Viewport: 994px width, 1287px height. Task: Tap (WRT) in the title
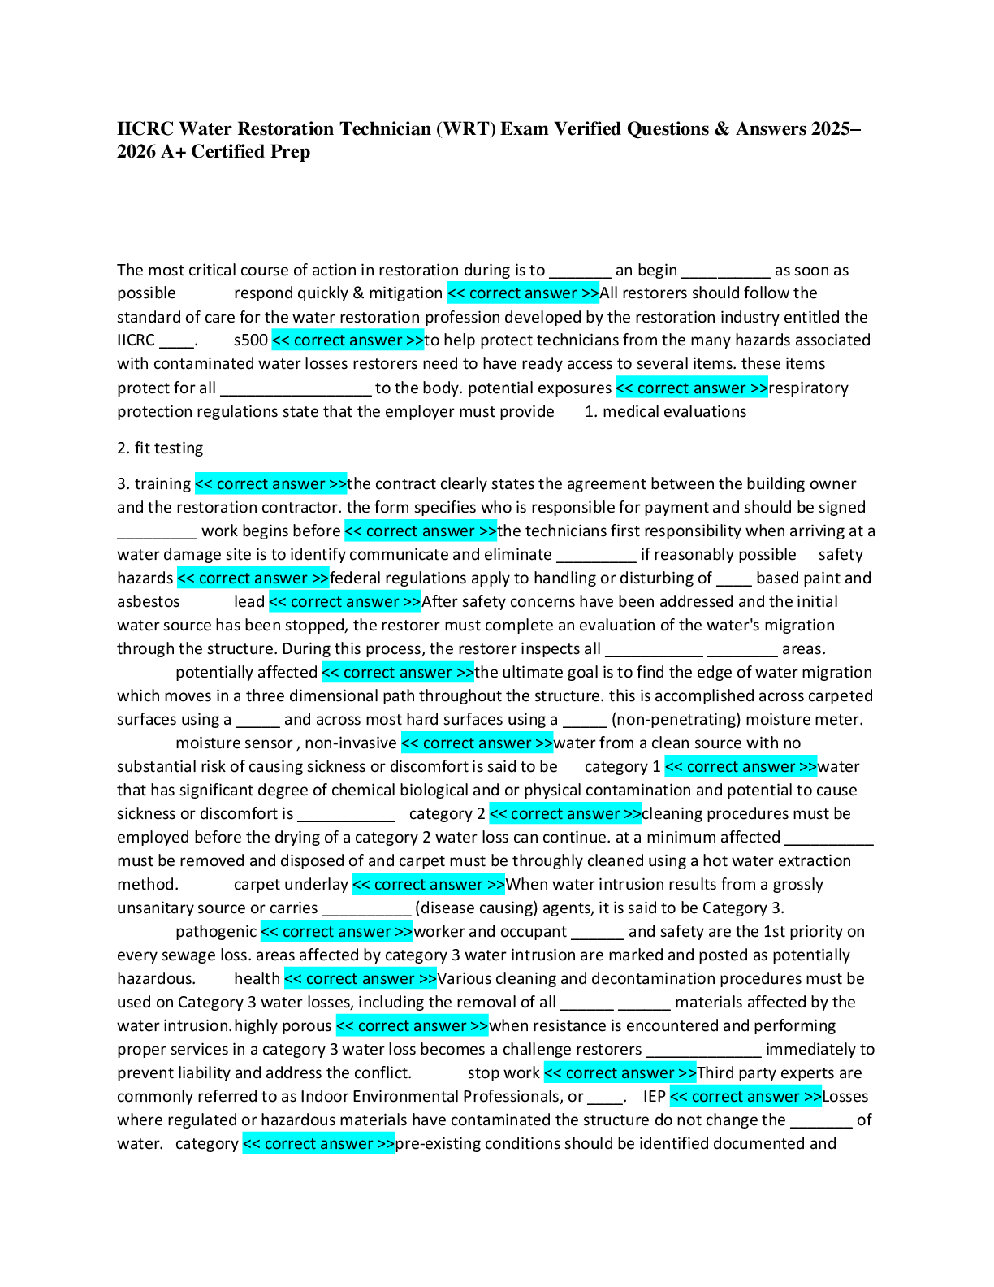[465, 128]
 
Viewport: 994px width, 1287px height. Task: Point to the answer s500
[250, 340]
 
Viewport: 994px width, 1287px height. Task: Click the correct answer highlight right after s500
[348, 340]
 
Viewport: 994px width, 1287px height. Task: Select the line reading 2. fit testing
[160, 448]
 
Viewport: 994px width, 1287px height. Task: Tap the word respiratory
[808, 388]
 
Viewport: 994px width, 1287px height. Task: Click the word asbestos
[148, 602]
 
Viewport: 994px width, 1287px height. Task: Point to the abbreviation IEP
[655, 1097]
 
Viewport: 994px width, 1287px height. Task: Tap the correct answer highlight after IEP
[745, 1097]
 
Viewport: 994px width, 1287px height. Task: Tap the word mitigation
[405, 293]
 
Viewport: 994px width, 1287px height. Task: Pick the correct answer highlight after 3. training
[270, 484]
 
